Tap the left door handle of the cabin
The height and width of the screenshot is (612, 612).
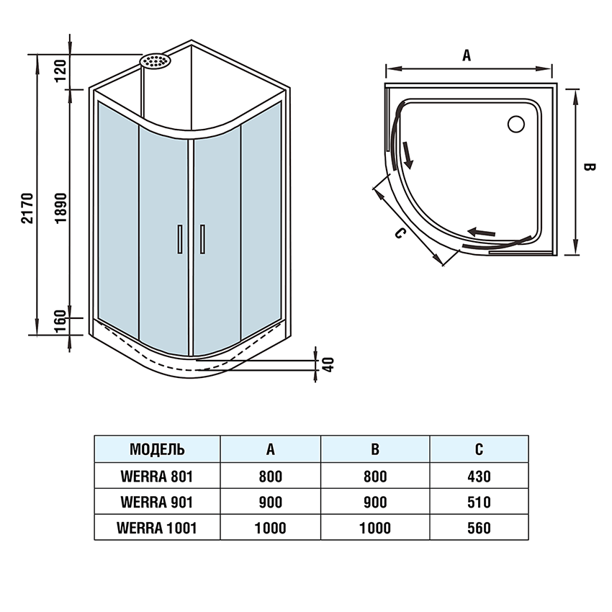(x=179, y=239)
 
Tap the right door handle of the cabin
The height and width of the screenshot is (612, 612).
(x=204, y=239)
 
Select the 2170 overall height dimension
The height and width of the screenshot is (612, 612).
(x=28, y=208)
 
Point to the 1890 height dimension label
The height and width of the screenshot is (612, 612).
(x=61, y=208)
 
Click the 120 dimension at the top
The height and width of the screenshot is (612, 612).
(x=61, y=70)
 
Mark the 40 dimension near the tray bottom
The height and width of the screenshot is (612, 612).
(x=328, y=363)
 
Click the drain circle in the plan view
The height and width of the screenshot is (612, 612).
(x=517, y=124)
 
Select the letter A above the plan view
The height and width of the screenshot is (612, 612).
(x=467, y=55)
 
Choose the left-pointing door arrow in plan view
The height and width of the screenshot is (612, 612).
(x=482, y=232)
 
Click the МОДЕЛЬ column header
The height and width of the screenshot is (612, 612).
(x=157, y=449)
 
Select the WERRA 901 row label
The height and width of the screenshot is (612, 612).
(x=157, y=502)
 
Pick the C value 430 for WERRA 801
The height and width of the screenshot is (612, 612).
(x=479, y=476)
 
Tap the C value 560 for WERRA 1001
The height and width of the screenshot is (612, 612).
(x=479, y=528)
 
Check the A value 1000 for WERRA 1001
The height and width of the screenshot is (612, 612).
(x=270, y=528)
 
